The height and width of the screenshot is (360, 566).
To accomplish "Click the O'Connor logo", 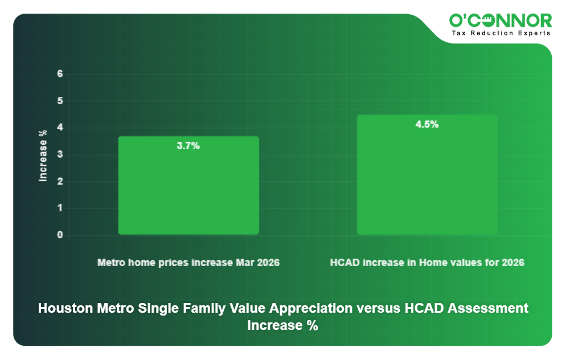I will (x=500, y=21).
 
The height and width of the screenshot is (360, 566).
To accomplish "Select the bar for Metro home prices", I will (x=188, y=186).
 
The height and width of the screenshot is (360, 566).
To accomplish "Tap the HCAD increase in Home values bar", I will (x=427, y=175).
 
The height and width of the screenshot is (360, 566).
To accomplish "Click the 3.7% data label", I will (x=188, y=146).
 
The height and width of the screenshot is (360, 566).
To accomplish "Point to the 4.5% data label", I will (x=427, y=124).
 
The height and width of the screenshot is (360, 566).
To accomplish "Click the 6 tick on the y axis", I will (x=60, y=74).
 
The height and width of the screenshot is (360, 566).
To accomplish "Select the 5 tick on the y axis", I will (x=60, y=101).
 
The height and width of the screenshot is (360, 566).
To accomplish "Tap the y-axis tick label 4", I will (x=60, y=128).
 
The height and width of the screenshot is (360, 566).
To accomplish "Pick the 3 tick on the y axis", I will (x=60, y=155).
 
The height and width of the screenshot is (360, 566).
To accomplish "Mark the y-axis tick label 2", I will (x=60, y=182).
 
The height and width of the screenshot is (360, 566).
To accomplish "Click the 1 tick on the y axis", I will (x=60, y=208).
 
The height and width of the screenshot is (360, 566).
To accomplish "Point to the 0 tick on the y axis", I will (x=60, y=235).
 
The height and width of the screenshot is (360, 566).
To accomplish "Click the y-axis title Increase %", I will (x=43, y=156).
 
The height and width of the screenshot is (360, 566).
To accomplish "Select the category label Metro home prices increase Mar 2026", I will (x=188, y=263).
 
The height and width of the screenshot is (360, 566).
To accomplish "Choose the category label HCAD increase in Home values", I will (x=427, y=263).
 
